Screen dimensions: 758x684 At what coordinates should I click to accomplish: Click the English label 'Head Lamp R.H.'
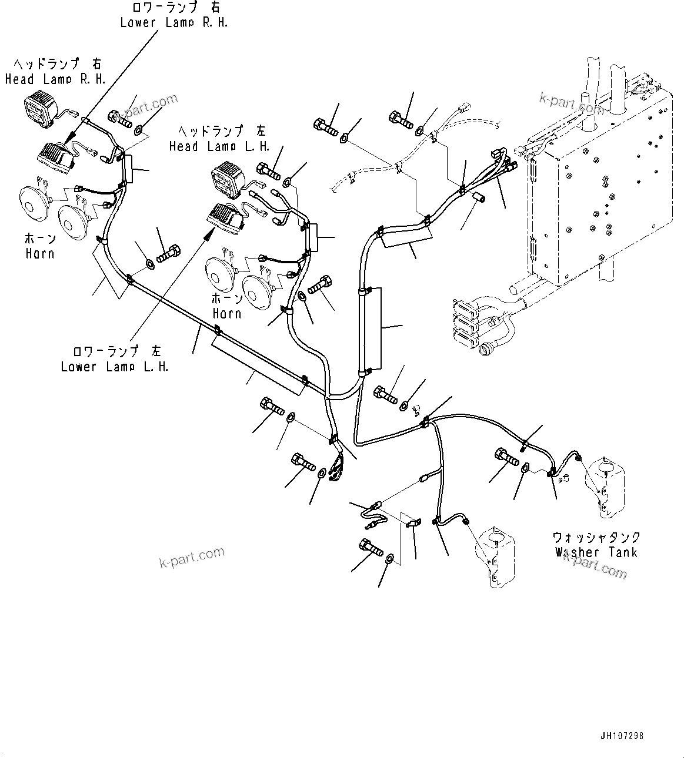(55, 79)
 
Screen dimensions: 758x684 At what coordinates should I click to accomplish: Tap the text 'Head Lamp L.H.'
(219, 146)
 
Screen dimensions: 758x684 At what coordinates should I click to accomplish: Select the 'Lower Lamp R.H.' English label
(174, 23)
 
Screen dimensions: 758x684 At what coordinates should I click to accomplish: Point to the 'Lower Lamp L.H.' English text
(115, 367)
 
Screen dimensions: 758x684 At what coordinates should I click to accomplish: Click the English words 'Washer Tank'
(596, 552)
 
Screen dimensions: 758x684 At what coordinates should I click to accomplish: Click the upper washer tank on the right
(604, 487)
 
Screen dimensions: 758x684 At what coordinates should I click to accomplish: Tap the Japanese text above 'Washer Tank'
(596, 537)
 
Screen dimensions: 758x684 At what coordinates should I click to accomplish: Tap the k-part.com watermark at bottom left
(192, 557)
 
